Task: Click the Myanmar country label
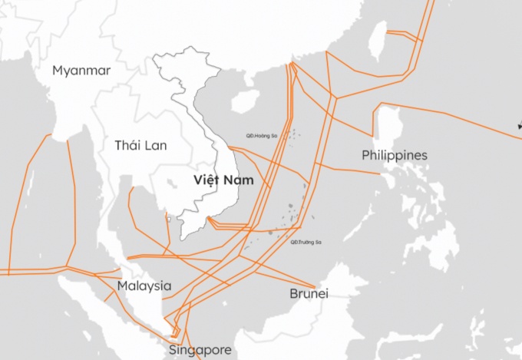pos(81,71)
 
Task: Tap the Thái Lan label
pos(142,144)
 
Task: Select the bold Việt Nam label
pos(223,180)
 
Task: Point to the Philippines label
pos(394,156)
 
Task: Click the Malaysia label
pos(144,286)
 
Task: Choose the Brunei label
pos(309,294)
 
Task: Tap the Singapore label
pos(200,350)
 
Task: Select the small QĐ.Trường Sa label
pos(306,242)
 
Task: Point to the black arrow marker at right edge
pos(519,125)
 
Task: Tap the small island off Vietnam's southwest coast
pos(169,219)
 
